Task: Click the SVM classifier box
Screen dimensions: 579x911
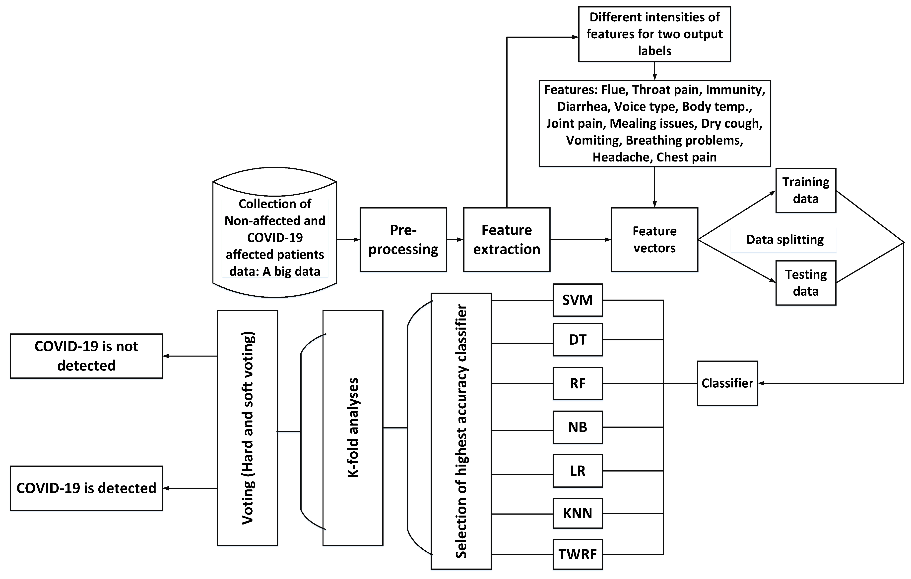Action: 577,300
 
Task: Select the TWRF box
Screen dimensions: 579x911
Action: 577,554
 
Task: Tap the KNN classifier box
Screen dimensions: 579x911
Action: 577,513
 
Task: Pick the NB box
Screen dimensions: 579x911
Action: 577,427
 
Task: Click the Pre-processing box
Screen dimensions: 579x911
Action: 403,240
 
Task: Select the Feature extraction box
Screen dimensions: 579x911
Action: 507,240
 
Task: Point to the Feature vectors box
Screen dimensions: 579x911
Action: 654,240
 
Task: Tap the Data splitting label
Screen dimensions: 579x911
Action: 785,240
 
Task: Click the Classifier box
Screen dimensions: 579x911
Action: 727,383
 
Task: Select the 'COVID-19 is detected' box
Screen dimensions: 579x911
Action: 86,488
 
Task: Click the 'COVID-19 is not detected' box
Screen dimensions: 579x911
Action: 86,356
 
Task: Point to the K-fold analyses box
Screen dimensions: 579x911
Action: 353,428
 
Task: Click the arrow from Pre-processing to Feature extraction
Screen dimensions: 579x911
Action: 455,240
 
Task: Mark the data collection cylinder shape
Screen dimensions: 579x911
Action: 275,232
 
